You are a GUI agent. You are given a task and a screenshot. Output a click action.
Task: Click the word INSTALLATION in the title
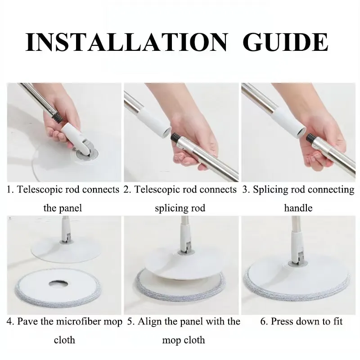(126, 42)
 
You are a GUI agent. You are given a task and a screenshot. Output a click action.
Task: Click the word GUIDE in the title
(285, 42)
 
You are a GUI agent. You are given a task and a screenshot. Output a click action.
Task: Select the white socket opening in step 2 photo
(167, 132)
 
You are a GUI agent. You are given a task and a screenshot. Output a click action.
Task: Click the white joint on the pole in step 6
(297, 247)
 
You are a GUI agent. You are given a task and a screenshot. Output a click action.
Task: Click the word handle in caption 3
(298, 208)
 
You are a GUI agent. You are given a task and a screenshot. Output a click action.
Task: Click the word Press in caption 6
(281, 321)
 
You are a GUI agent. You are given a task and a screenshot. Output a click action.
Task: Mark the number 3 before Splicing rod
(245, 190)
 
